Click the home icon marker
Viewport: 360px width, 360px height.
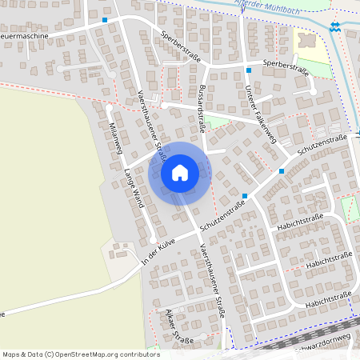(x=179, y=174)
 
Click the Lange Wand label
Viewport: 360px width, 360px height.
(x=133, y=189)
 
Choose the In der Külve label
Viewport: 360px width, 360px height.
(x=157, y=251)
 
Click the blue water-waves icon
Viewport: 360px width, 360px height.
(x=334, y=27)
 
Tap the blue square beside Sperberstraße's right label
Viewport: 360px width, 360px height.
(x=249, y=71)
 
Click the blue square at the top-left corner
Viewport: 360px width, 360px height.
(x=105, y=17)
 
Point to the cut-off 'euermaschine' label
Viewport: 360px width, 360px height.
(x=24, y=37)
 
